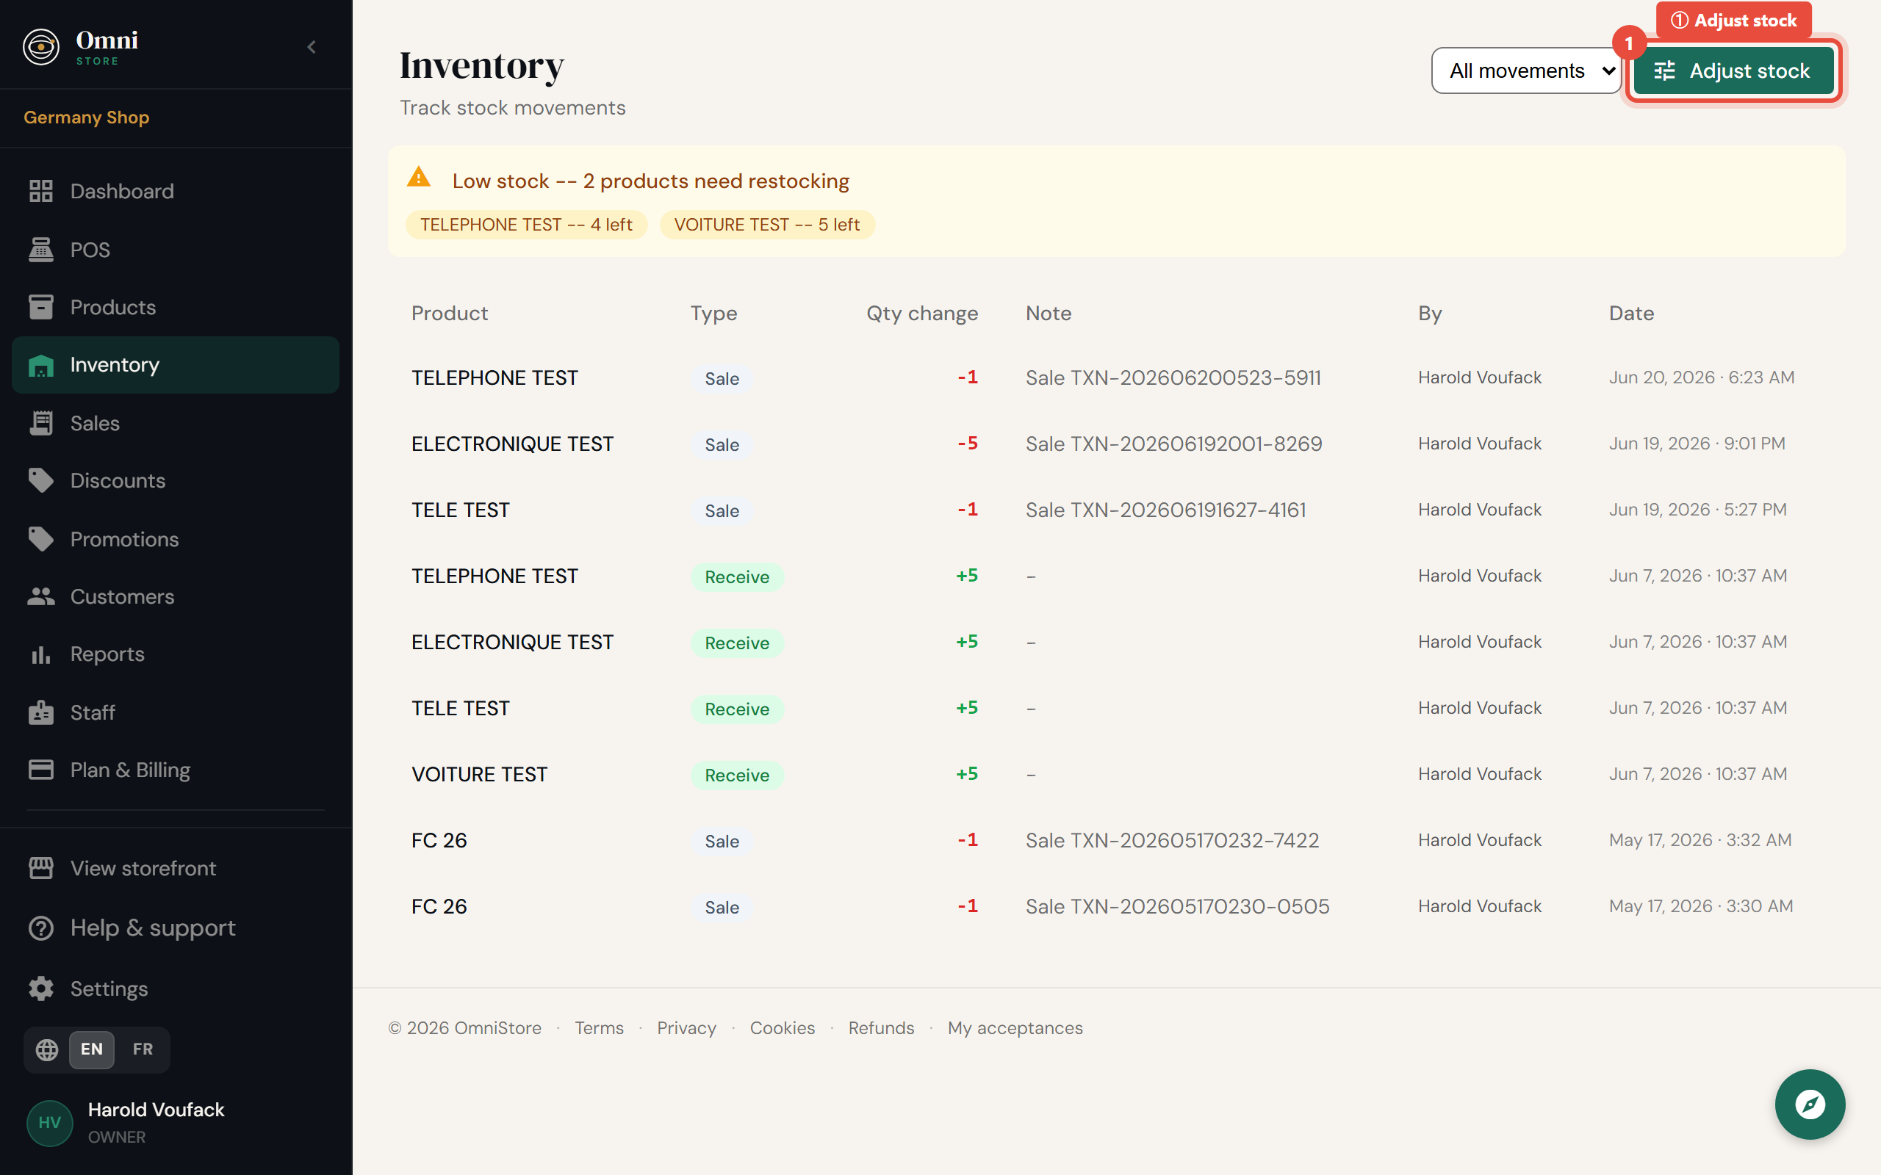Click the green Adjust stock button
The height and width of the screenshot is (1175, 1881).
pyautogui.click(x=1733, y=70)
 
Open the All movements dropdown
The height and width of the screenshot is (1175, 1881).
pyautogui.click(x=1525, y=70)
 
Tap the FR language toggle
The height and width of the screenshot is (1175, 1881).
pyautogui.click(x=143, y=1049)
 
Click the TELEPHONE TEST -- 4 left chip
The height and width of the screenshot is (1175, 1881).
pyautogui.click(x=526, y=225)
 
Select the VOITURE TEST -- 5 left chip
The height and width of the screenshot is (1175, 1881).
pyautogui.click(x=766, y=225)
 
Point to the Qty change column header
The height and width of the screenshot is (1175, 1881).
pyautogui.click(x=922, y=313)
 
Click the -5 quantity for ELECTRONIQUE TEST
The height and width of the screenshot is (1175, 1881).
pyautogui.click(x=967, y=444)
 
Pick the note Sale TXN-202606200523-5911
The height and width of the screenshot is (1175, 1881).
pyautogui.click(x=1173, y=377)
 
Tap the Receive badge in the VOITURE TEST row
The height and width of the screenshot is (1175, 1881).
pyautogui.click(x=737, y=775)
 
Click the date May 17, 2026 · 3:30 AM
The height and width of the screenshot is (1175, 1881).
pyautogui.click(x=1701, y=906)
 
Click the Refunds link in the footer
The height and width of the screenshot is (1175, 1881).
pyautogui.click(x=881, y=1028)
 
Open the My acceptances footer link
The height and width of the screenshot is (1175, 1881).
pyautogui.click(x=1014, y=1028)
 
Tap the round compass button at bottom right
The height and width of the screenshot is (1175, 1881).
pyautogui.click(x=1810, y=1104)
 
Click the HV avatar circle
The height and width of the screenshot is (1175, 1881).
pyautogui.click(x=50, y=1123)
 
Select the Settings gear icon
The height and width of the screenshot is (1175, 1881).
pyautogui.click(x=41, y=988)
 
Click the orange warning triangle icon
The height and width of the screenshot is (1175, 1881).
pyautogui.click(x=418, y=177)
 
